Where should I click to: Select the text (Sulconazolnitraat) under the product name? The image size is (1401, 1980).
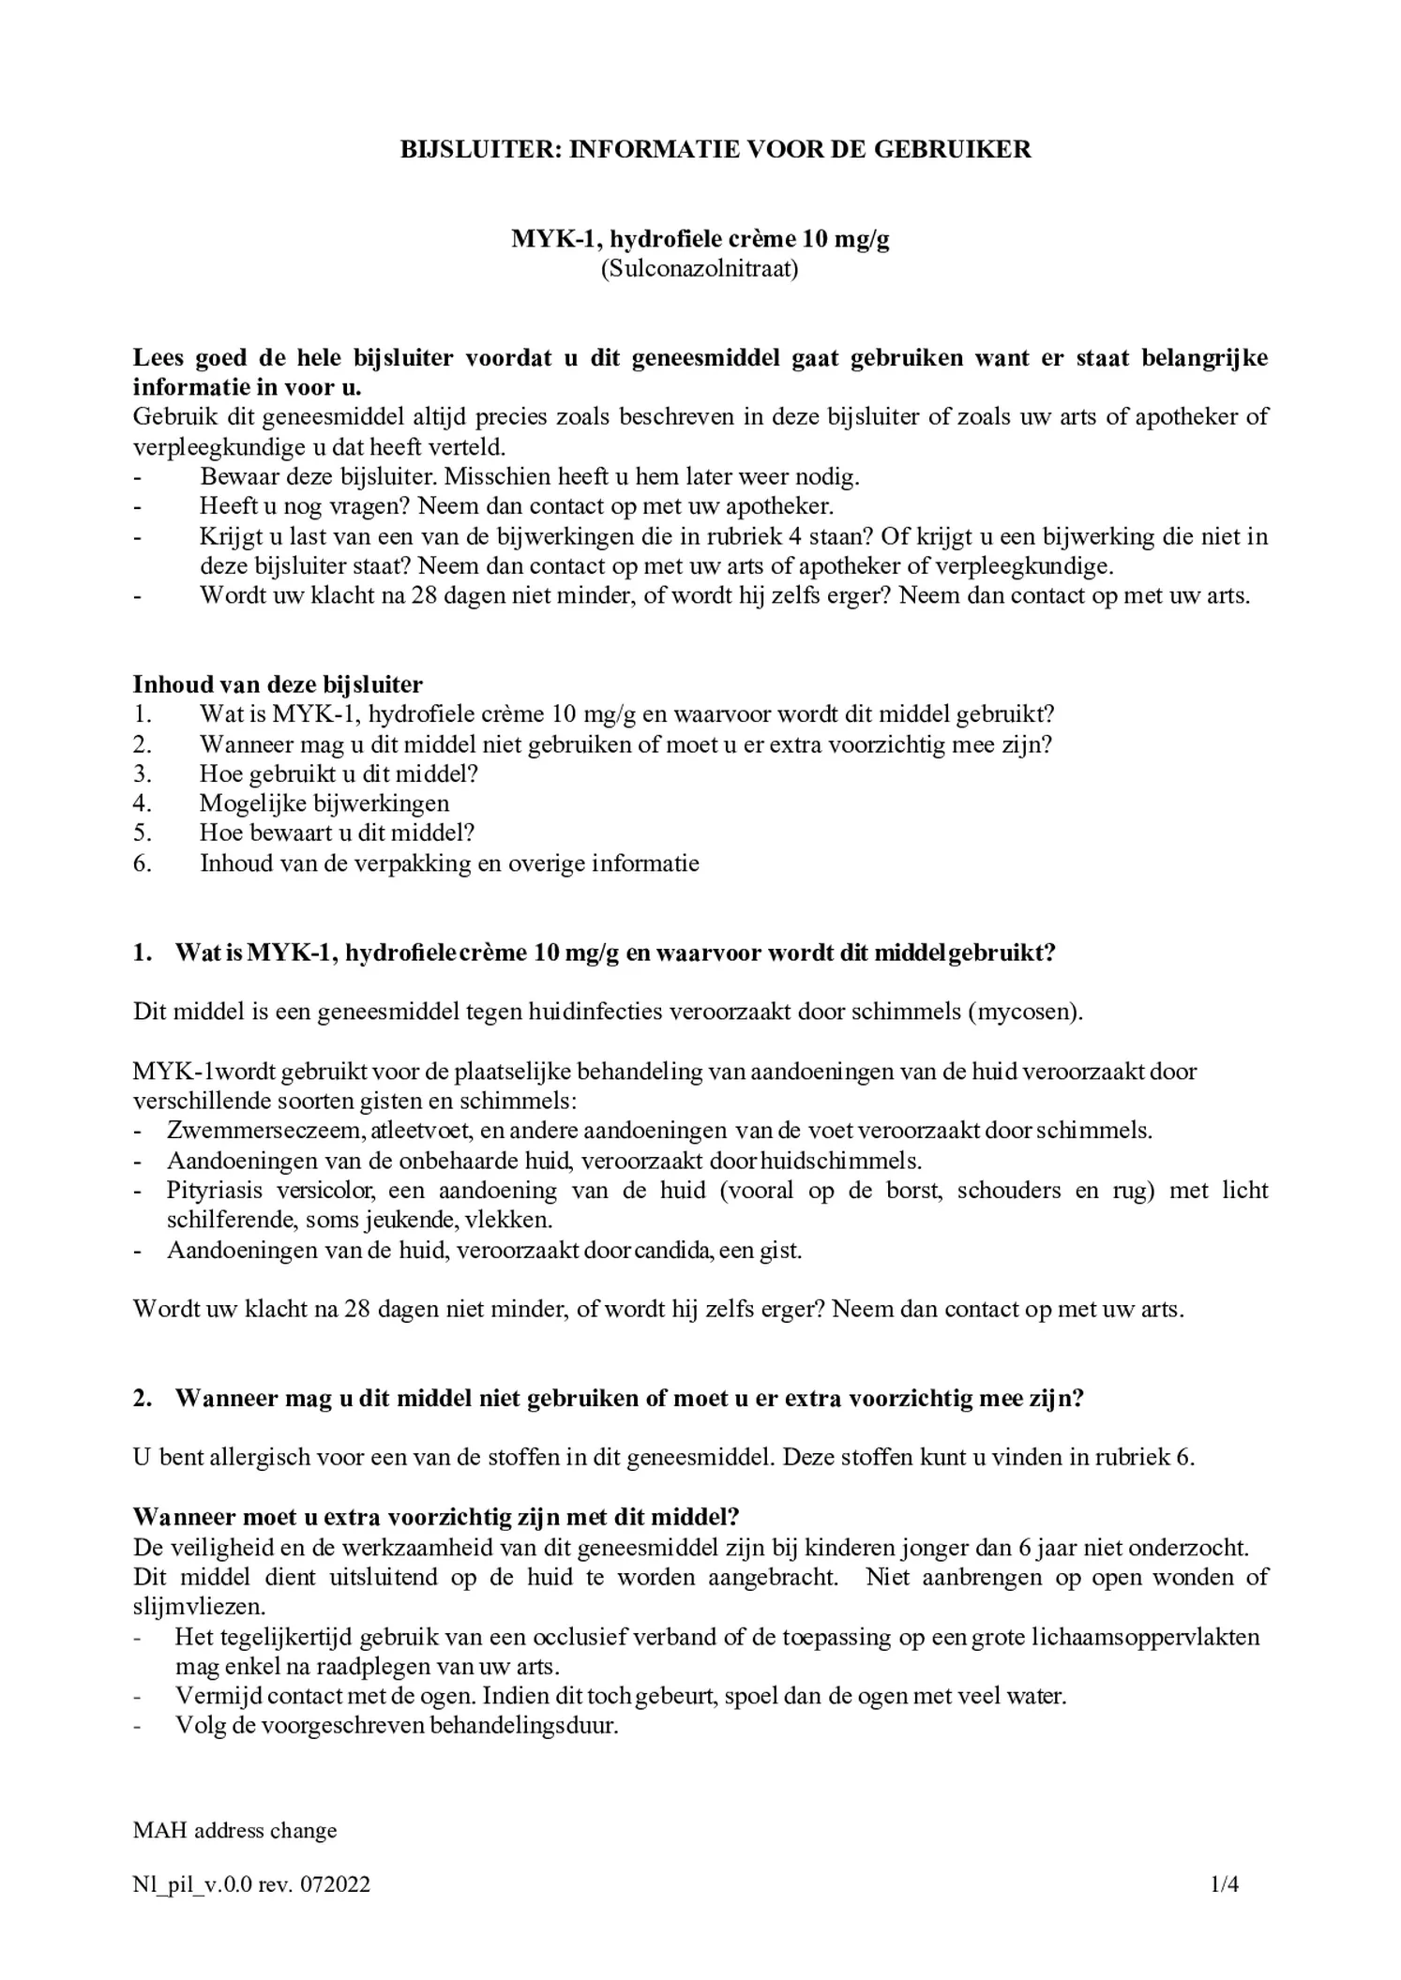click(700, 269)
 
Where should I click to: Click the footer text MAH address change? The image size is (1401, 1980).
click(234, 1830)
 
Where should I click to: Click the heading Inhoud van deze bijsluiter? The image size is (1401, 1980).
click(278, 684)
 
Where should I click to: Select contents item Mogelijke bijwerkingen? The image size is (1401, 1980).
click(324, 803)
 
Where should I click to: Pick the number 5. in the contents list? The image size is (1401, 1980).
click(143, 832)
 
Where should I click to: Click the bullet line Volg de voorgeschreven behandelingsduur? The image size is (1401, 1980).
click(397, 1725)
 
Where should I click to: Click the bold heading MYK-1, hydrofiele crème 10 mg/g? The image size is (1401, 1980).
click(700, 239)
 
